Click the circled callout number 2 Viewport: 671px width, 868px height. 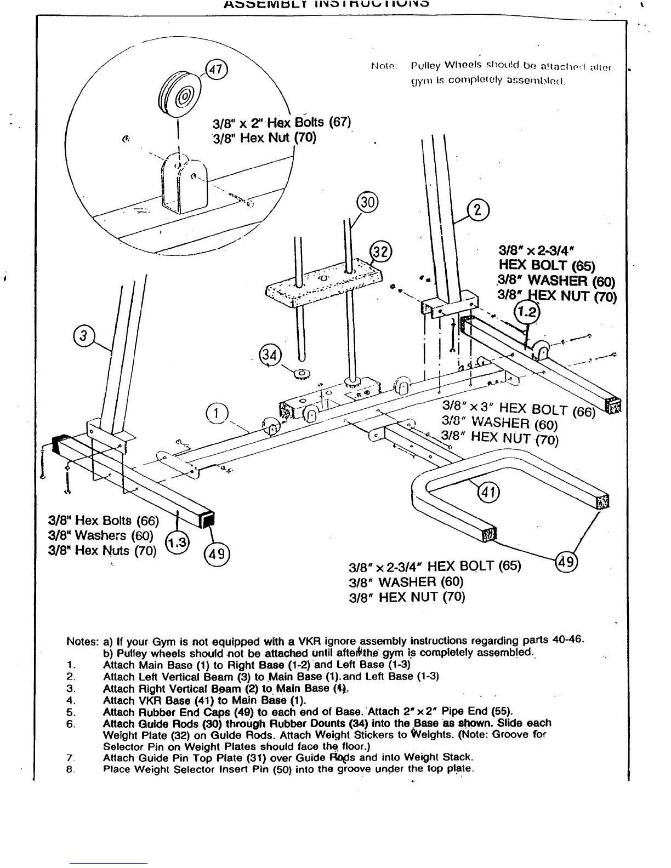(477, 211)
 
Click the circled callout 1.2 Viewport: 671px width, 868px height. (527, 313)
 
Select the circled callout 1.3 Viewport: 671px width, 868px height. (177, 543)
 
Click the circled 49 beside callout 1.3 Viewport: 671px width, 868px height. (217, 553)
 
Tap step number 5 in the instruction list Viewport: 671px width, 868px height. (70, 712)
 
